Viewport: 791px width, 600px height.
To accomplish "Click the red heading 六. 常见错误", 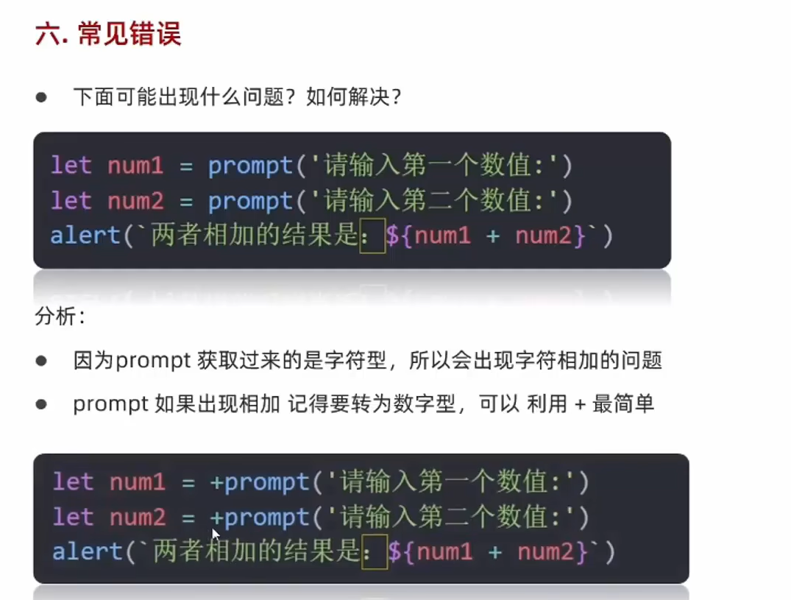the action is coord(108,34).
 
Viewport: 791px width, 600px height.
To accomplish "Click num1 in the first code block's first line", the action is coord(135,166).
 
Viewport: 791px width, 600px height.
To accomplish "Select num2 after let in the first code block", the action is coord(135,201).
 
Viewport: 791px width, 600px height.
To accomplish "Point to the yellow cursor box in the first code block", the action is coord(372,237).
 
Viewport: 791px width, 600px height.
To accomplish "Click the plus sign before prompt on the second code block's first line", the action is coord(217,482).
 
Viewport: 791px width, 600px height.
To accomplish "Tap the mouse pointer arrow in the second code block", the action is coord(216,534).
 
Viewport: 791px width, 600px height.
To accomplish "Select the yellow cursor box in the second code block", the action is coord(375,552).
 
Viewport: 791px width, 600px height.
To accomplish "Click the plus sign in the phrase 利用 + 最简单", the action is coord(578,404).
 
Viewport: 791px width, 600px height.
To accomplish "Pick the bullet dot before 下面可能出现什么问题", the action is coord(41,97).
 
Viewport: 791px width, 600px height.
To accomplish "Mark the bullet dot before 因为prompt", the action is coord(41,361).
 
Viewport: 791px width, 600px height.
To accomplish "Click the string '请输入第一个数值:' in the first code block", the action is coord(434,166).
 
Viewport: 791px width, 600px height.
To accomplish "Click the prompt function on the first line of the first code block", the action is coord(250,166).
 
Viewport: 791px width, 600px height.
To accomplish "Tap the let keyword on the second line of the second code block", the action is coord(73,518).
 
